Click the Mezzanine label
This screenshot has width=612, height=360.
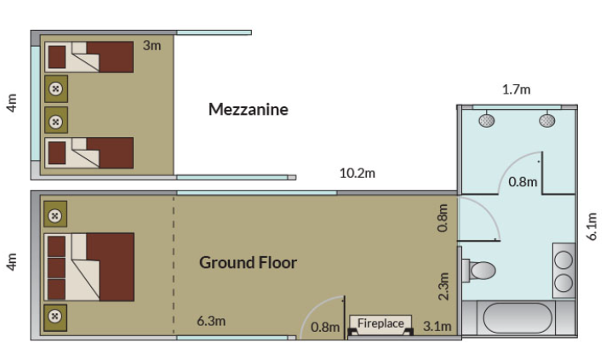point(249,109)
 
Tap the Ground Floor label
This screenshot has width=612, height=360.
point(248,262)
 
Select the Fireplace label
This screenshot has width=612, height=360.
point(380,323)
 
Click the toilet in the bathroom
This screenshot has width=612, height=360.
point(478,270)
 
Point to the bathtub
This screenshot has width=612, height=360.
point(518,317)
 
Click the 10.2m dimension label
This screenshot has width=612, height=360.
point(357,173)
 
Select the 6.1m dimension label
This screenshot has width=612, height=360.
point(592,226)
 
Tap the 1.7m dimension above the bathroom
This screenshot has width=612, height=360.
point(516,90)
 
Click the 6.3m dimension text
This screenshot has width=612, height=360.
point(211,321)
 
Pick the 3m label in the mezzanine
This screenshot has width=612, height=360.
point(152,45)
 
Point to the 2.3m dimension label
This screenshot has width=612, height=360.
point(443,286)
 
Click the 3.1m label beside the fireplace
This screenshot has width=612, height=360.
point(438,326)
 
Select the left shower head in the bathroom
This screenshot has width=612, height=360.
point(486,120)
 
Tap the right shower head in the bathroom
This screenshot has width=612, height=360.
point(546,120)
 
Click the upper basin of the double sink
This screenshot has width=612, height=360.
point(563,260)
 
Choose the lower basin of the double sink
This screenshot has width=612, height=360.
point(563,283)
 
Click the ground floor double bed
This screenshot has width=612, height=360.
point(89,267)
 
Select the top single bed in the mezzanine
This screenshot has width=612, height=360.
point(89,57)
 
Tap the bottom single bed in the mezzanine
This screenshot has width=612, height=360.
point(89,152)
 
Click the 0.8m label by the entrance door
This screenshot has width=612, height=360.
point(325,327)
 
